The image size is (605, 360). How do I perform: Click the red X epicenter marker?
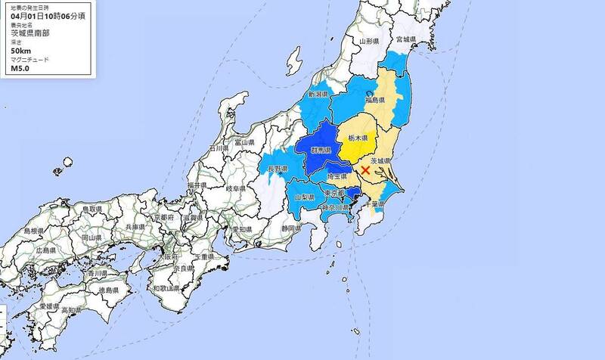tap(366, 171)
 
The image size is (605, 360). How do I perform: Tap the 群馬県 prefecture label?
tap(322, 151)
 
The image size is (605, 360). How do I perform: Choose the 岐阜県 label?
tap(240, 188)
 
